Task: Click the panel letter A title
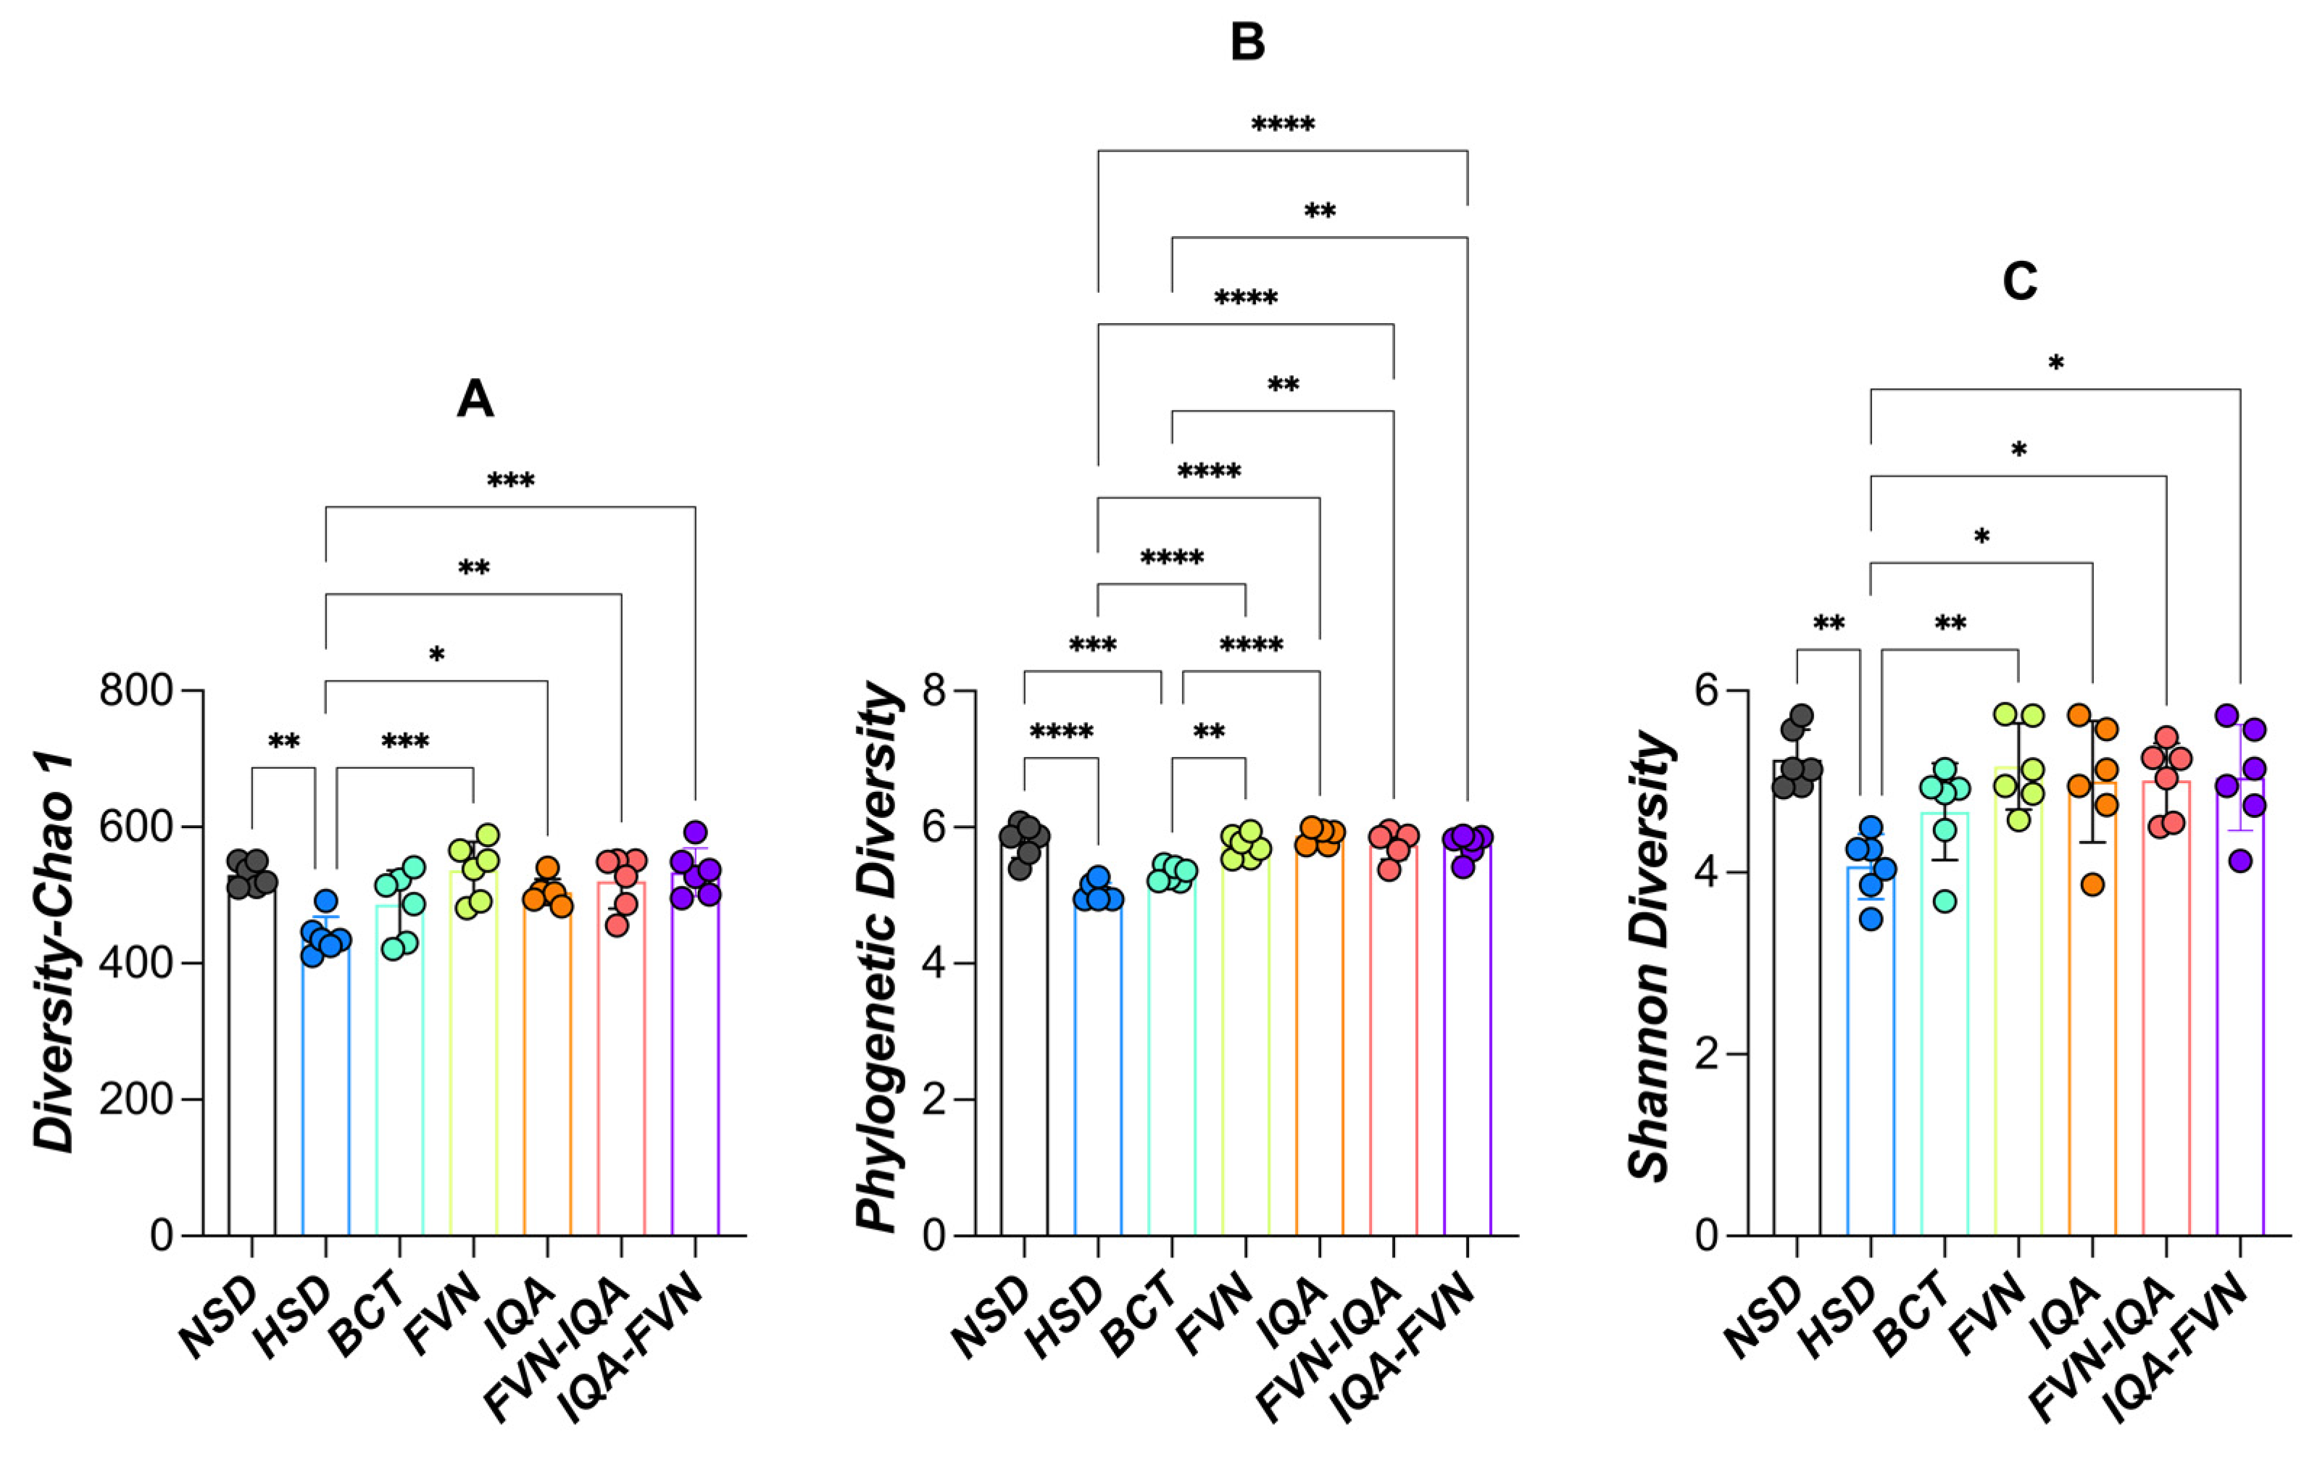click(475, 399)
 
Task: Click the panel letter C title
click(2019, 283)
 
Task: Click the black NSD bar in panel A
click(251, 1056)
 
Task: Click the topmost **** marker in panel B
click(1283, 125)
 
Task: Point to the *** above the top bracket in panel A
click(511, 481)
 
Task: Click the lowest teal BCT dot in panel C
click(1945, 901)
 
